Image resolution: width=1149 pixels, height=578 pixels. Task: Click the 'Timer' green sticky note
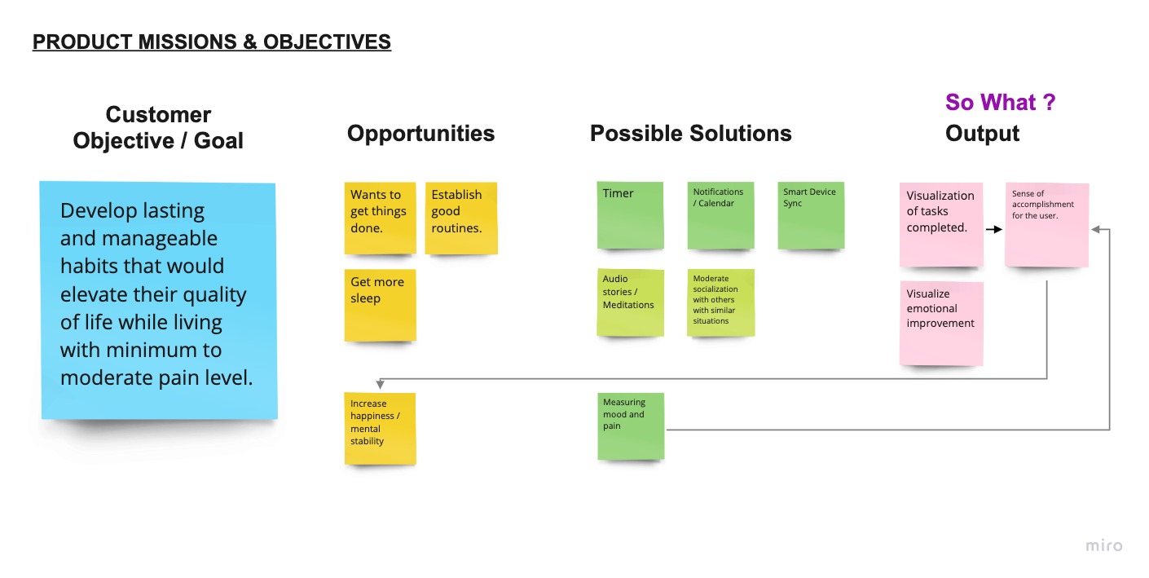point(631,215)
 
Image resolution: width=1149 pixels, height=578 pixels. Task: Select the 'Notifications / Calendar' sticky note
point(720,215)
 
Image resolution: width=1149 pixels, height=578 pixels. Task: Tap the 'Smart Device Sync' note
point(811,215)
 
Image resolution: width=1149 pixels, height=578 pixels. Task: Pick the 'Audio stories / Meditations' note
point(631,302)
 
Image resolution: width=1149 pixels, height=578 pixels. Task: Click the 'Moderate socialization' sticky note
point(720,302)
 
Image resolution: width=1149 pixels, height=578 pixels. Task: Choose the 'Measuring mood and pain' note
point(631,426)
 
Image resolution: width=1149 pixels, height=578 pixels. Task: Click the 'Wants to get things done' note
point(380,218)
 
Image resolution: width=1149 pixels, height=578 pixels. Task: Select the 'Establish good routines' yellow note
point(461,218)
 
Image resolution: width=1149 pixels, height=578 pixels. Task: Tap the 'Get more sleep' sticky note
point(380,306)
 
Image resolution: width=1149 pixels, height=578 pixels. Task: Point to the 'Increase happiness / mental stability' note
point(380,429)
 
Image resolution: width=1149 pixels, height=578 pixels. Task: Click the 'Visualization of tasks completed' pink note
point(941,225)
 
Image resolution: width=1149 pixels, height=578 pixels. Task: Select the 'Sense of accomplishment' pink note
point(1047,225)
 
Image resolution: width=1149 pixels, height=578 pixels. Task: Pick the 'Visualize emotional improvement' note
point(941,324)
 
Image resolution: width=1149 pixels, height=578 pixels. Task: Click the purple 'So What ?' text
point(1000,102)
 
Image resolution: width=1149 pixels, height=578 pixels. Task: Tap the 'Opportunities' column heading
point(420,134)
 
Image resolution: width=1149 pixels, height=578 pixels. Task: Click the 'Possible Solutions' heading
point(690,134)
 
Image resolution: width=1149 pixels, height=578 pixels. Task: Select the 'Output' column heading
point(982,134)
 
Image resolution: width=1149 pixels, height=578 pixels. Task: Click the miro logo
point(1104,545)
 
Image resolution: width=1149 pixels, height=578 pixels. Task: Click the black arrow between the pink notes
point(994,229)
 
